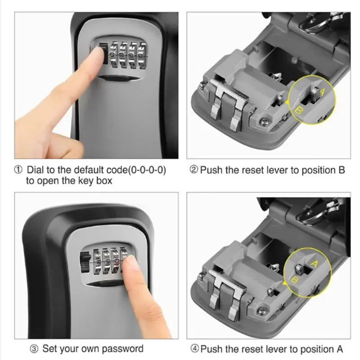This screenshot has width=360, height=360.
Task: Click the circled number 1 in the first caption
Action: point(18,171)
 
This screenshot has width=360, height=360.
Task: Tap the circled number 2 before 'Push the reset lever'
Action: point(193,171)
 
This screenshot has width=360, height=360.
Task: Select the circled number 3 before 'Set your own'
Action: point(33,349)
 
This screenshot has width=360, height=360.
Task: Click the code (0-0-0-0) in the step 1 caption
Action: point(144,171)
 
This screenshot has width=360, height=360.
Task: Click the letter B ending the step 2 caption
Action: point(342,171)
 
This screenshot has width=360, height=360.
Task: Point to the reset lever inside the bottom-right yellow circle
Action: point(300,270)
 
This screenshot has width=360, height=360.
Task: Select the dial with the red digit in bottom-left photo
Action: point(117,261)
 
